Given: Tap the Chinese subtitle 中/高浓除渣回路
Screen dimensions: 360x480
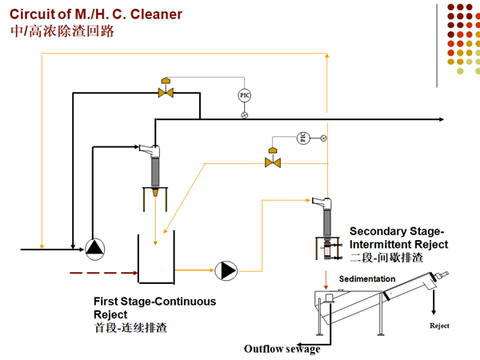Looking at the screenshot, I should click(x=62, y=31).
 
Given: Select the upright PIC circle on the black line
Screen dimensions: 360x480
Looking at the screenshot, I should click(x=245, y=95).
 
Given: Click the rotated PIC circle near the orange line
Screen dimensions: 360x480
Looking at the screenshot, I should click(x=302, y=138).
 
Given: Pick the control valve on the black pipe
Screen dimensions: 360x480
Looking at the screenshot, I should click(x=166, y=93).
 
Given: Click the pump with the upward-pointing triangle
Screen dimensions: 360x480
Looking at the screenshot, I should click(x=95, y=249).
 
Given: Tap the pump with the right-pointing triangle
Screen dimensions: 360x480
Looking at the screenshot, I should click(x=226, y=271).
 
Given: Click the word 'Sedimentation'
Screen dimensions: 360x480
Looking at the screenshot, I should click(x=367, y=279).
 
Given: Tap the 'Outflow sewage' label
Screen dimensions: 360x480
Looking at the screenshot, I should click(x=282, y=349).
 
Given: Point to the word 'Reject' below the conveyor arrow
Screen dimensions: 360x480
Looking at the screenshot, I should click(x=440, y=326).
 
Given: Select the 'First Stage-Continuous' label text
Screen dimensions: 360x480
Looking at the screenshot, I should click(x=154, y=302).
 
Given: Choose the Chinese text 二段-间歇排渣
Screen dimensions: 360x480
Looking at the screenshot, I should click(x=386, y=258).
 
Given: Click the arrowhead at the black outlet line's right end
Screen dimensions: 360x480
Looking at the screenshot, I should click(x=441, y=119).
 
